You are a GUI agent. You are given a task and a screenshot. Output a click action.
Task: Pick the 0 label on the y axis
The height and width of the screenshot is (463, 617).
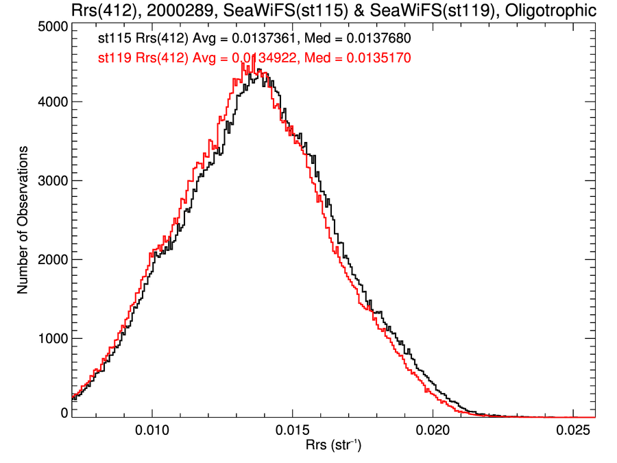point(63,412)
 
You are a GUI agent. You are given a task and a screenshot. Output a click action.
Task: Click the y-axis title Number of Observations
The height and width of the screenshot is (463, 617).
point(23,219)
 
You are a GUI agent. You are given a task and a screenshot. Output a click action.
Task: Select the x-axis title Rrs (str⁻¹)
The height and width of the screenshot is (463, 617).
point(333,447)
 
